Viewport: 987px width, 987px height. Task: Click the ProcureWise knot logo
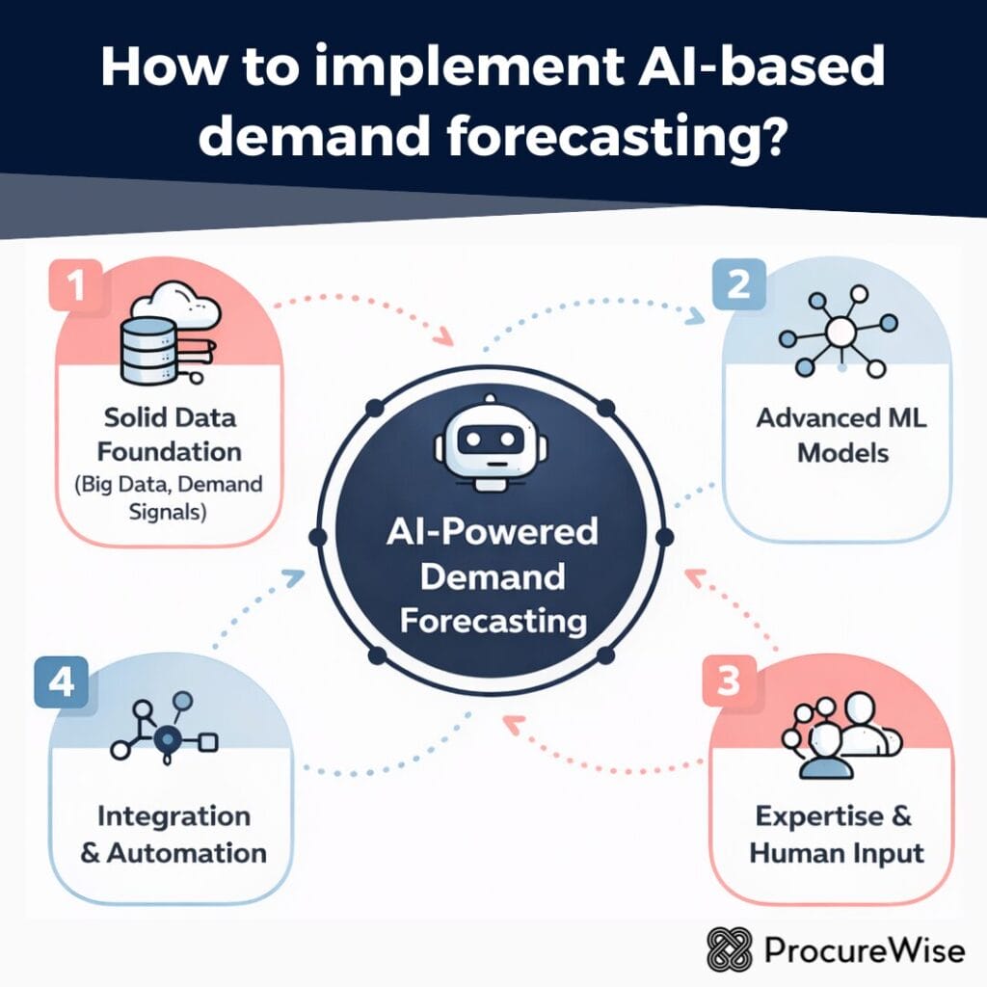click(x=728, y=949)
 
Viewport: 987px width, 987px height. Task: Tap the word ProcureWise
click(x=864, y=950)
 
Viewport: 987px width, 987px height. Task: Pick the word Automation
click(x=186, y=853)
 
